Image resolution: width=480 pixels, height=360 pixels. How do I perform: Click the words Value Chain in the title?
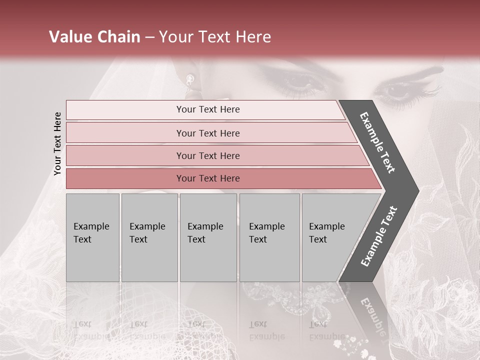[94, 37]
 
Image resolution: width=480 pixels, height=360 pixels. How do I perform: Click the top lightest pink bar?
[205, 109]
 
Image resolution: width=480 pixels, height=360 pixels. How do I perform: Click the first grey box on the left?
[92, 237]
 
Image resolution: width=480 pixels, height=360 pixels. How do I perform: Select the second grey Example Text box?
[149, 237]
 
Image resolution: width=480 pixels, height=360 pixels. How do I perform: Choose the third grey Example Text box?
[208, 237]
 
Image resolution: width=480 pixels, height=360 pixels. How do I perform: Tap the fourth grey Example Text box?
[269, 237]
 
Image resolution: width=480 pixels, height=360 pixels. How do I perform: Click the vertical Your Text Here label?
[57, 143]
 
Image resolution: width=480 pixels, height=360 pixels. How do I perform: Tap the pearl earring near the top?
[190, 78]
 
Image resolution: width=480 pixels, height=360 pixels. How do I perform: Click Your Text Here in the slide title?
[215, 37]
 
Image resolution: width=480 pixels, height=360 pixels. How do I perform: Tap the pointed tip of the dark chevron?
[418, 190]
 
